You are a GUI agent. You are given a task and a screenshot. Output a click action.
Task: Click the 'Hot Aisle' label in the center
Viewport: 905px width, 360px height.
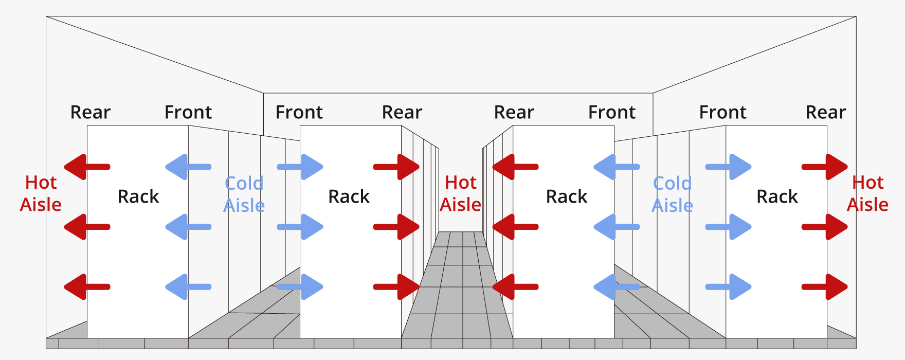[460, 193]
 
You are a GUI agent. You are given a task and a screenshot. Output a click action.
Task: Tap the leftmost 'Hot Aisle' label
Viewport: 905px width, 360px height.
[41, 193]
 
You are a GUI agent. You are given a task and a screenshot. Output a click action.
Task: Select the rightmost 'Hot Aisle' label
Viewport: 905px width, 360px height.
[867, 193]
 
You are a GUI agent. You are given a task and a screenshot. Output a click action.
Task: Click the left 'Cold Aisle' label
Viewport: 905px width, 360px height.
[244, 194]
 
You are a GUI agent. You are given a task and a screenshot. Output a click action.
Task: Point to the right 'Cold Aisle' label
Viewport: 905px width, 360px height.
[672, 194]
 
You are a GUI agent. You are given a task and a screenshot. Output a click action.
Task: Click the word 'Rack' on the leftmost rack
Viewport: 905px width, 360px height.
[138, 196]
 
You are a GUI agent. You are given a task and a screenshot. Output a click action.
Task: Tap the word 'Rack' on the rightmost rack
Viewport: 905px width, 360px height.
[777, 196]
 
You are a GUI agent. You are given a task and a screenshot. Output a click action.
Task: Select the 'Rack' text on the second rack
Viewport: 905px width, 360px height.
[349, 196]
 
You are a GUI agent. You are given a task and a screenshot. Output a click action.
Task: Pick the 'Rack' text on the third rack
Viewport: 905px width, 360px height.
[566, 196]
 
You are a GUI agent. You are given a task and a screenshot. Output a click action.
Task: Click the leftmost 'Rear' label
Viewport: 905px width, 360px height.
[90, 112]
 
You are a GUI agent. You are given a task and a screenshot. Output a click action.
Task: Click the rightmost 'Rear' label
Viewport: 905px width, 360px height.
[825, 112]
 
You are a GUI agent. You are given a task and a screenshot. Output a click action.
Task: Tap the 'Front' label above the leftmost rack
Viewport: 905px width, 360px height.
[188, 112]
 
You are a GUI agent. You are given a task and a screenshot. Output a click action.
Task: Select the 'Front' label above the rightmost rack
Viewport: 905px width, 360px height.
[722, 112]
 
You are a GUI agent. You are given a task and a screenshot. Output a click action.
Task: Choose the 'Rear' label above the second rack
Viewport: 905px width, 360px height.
[402, 112]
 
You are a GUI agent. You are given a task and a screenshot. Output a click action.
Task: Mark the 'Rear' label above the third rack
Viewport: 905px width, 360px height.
[514, 112]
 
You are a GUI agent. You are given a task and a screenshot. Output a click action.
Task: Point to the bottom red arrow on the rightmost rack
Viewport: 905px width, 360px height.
[825, 287]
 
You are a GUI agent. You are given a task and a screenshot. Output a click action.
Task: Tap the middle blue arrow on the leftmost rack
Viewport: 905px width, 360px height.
[188, 227]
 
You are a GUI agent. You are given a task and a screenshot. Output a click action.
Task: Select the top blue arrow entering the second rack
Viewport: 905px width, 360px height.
[300, 167]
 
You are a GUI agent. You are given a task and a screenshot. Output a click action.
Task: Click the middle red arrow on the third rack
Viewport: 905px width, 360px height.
[515, 227]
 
